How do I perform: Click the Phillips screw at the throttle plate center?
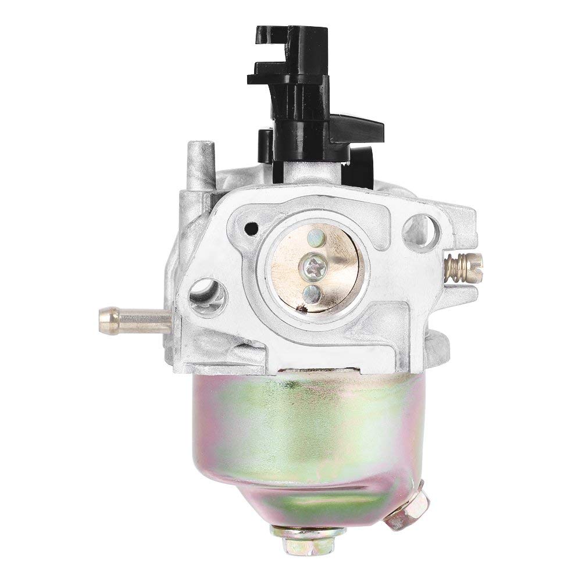click(x=310, y=266)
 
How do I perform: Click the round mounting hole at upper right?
click(x=420, y=226)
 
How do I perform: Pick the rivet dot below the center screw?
click(x=312, y=291)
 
